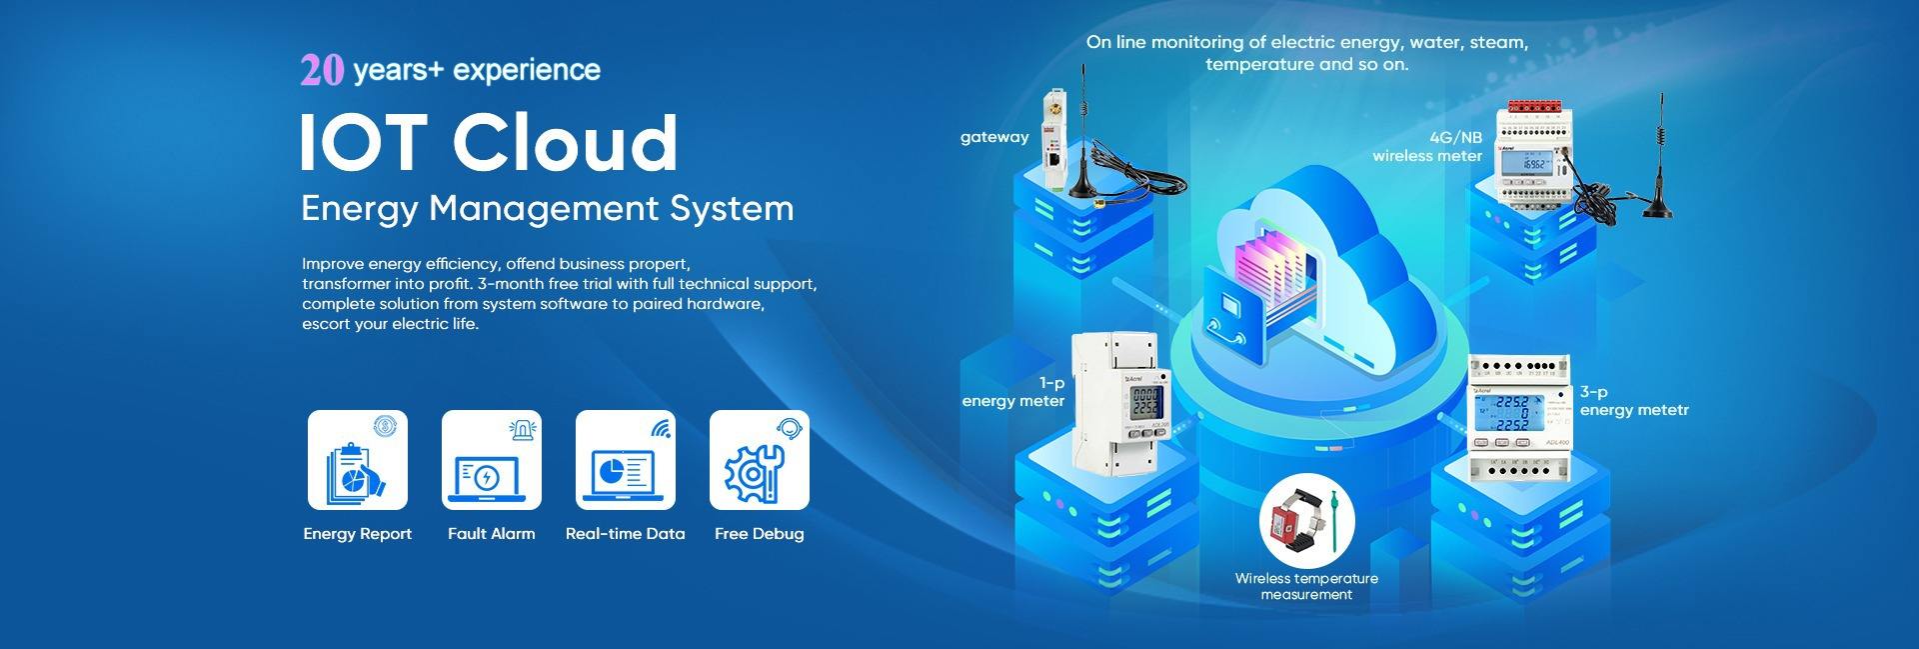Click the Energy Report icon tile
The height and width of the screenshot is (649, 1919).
click(x=357, y=460)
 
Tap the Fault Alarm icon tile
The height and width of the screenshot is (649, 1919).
click(x=491, y=460)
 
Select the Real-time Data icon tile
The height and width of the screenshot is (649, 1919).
click(x=625, y=460)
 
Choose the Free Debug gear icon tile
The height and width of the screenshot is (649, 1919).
click(x=759, y=460)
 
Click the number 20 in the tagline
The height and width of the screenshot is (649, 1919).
click(x=322, y=70)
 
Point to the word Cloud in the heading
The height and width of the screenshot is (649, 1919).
click(x=565, y=143)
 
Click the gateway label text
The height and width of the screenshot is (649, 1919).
click(x=993, y=137)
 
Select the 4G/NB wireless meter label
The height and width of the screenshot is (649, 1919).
click(x=1427, y=147)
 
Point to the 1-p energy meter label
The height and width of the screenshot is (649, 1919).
click(x=1013, y=392)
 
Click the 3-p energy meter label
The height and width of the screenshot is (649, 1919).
click(x=1633, y=401)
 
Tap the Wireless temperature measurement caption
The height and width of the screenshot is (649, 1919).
click(x=1305, y=586)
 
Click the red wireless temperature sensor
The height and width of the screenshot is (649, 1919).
click(x=1284, y=520)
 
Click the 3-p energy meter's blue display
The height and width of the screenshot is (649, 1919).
click(x=1506, y=413)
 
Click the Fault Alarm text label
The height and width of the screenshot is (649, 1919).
click(x=491, y=534)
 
